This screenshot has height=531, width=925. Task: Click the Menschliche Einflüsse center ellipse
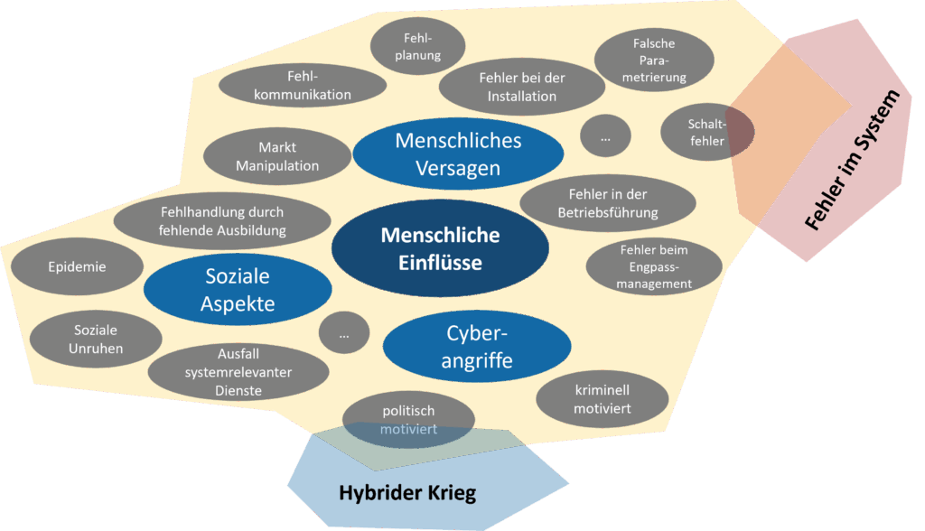[440, 249]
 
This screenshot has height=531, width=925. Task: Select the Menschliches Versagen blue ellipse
[458, 154]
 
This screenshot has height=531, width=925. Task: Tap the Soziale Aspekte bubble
[238, 289]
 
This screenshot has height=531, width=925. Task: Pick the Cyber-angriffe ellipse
[477, 347]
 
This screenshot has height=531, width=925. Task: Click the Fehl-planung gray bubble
[417, 46]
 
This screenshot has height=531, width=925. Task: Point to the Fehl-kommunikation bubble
[303, 85]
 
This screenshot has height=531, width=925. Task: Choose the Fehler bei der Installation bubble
[521, 87]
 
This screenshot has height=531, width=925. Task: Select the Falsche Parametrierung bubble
[654, 60]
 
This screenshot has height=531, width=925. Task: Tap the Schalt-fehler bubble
[706, 133]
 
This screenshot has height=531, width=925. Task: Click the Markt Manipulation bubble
[277, 156]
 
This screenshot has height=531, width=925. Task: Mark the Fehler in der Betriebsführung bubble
[607, 204]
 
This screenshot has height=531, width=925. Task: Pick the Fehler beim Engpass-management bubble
[654, 266]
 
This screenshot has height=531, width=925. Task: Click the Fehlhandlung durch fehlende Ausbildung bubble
[222, 221]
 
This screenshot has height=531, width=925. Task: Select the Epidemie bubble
[77, 266]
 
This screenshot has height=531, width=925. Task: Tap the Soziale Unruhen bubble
[96, 340]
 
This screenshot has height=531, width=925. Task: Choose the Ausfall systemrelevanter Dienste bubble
[238, 372]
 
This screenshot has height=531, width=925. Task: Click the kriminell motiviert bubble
[602, 399]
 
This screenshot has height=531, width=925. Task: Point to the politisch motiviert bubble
[407, 420]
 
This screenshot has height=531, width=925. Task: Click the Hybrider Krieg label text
[406, 493]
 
